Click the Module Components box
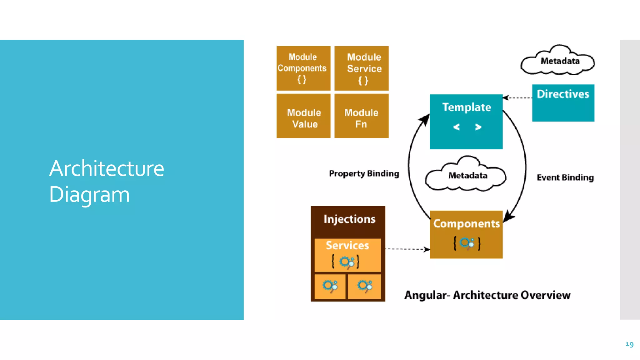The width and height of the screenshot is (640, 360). tap(303, 68)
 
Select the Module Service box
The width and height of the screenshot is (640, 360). tap(362, 68)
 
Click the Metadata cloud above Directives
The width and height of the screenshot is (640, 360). tap(558, 61)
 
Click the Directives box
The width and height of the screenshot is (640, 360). tap(563, 102)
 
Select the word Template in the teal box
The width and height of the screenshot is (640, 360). tap(467, 107)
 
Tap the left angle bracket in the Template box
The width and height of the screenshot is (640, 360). tap(456, 127)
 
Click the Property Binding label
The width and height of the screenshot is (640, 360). tap(364, 173)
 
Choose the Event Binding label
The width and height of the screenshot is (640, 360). tap(565, 177)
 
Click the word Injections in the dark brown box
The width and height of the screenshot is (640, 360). tap(349, 219)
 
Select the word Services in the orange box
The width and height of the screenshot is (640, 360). tap(347, 245)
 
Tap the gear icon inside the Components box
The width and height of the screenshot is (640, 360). tap(467, 243)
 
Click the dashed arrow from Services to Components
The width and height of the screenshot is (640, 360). tap(406, 249)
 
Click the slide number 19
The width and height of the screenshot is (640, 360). tap(629, 344)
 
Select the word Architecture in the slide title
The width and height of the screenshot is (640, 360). tap(107, 168)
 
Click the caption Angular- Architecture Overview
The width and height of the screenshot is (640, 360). tap(487, 295)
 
